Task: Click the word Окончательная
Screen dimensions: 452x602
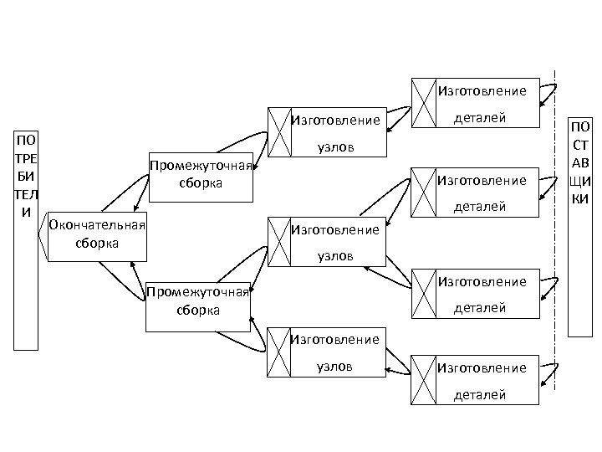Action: point(98,224)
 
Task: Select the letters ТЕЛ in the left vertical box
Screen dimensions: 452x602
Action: point(25,193)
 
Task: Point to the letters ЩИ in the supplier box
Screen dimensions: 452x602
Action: point(579,181)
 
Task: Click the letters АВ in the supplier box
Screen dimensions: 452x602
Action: point(579,162)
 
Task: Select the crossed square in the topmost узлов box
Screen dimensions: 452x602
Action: point(279,133)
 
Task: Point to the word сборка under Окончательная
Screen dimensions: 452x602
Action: point(97,243)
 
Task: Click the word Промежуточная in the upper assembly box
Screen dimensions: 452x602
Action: point(201,165)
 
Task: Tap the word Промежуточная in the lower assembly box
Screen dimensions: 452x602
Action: point(198,291)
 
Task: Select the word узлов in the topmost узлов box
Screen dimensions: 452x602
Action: point(335,148)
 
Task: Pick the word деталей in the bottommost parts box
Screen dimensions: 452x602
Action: point(479,394)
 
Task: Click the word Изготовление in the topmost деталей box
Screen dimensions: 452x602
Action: point(482,90)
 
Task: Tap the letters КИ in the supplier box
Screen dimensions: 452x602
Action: point(579,199)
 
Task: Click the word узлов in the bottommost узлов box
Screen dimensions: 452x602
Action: point(334,367)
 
